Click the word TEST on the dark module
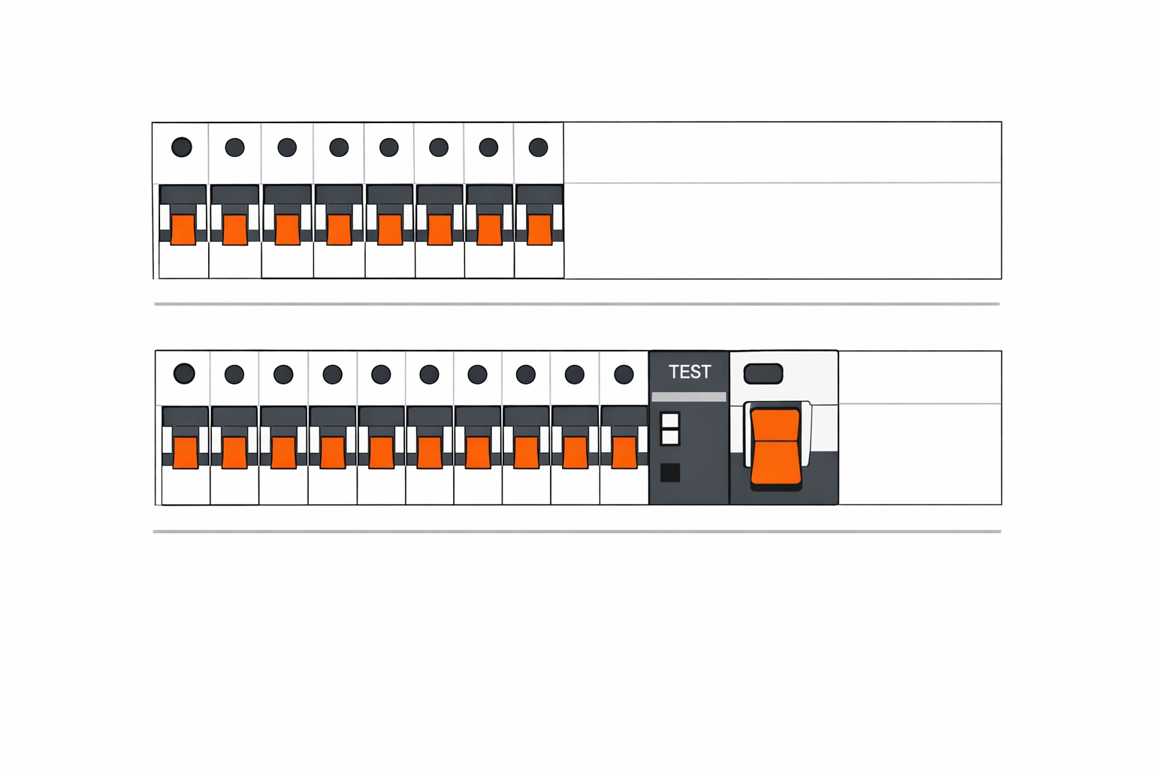pyautogui.click(x=690, y=372)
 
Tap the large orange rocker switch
pyautogui.click(x=776, y=446)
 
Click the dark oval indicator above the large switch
pyautogui.click(x=763, y=373)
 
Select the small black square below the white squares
pyautogui.click(x=669, y=472)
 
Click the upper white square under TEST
pyautogui.click(x=669, y=420)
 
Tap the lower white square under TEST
pyautogui.click(x=669, y=436)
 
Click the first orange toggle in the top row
pyautogui.click(x=183, y=229)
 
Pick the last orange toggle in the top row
pyautogui.click(x=539, y=229)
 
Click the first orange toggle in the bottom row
pyautogui.click(x=185, y=452)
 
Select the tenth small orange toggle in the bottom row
pyautogui.click(x=624, y=452)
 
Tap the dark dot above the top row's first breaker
pyautogui.click(x=182, y=147)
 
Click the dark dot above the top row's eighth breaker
pyautogui.click(x=539, y=147)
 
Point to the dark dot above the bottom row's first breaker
pyautogui.click(x=184, y=373)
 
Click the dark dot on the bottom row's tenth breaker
pyautogui.click(x=624, y=374)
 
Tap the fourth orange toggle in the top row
pyautogui.click(x=339, y=229)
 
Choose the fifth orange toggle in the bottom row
pyautogui.click(x=381, y=452)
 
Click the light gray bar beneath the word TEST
pyautogui.click(x=689, y=397)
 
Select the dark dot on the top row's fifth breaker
pyautogui.click(x=389, y=147)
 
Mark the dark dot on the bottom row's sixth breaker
pyautogui.click(x=429, y=374)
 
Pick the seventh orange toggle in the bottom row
pyautogui.click(x=478, y=452)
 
